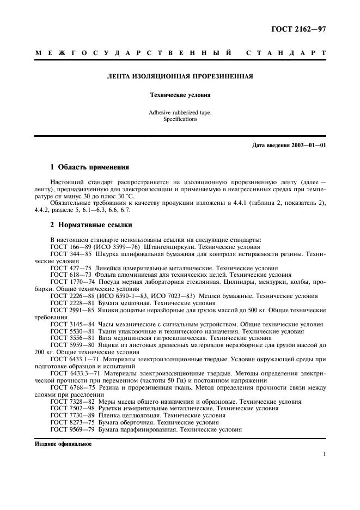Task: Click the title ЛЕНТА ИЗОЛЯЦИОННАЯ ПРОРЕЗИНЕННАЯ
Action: (180, 77)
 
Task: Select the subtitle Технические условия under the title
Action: (180, 95)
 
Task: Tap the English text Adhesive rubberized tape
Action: (180, 112)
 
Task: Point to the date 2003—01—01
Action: (308, 145)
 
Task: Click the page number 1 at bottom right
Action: (324, 454)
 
